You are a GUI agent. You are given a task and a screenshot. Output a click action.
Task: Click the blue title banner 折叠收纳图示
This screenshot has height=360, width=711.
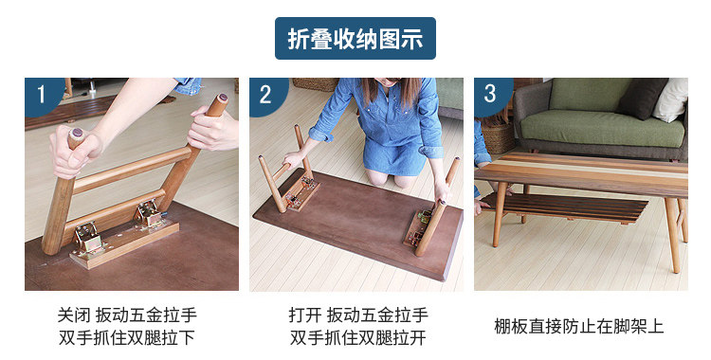tap(355, 39)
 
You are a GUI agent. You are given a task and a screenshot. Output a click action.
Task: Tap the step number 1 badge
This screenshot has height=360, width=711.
tap(42, 95)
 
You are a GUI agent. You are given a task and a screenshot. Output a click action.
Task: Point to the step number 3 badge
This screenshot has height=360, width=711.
tap(491, 95)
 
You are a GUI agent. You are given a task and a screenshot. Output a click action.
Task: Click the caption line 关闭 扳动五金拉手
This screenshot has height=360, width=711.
tap(127, 315)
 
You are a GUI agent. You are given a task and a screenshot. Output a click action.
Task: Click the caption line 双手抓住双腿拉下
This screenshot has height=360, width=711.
tap(127, 337)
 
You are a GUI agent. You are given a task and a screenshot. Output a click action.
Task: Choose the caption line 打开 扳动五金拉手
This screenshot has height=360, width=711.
tap(358, 315)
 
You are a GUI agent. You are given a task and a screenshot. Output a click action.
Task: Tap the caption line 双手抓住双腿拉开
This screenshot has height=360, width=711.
tap(358, 337)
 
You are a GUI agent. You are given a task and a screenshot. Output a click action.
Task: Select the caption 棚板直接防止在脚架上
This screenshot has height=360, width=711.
tap(579, 327)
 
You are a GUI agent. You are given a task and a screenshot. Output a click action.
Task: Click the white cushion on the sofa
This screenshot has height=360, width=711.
tap(671, 99)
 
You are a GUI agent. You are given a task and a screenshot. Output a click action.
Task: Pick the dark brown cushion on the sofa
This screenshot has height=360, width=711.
tap(643, 99)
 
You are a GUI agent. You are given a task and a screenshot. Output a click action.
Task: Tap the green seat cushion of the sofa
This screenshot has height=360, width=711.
tap(602, 128)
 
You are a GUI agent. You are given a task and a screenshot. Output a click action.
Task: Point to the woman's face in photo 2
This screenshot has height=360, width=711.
tap(389, 82)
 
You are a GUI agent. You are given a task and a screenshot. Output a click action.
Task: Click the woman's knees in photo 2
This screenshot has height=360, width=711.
tap(391, 178)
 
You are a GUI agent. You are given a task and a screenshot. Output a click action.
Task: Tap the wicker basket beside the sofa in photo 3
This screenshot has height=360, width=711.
tap(498, 137)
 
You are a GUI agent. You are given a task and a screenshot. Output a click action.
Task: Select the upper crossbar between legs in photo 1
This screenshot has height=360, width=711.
tap(133, 170)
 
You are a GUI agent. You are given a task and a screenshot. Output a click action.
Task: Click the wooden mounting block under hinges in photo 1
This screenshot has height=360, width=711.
tap(124, 244)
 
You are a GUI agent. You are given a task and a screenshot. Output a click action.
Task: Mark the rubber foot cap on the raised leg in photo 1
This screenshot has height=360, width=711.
tap(223, 98)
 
